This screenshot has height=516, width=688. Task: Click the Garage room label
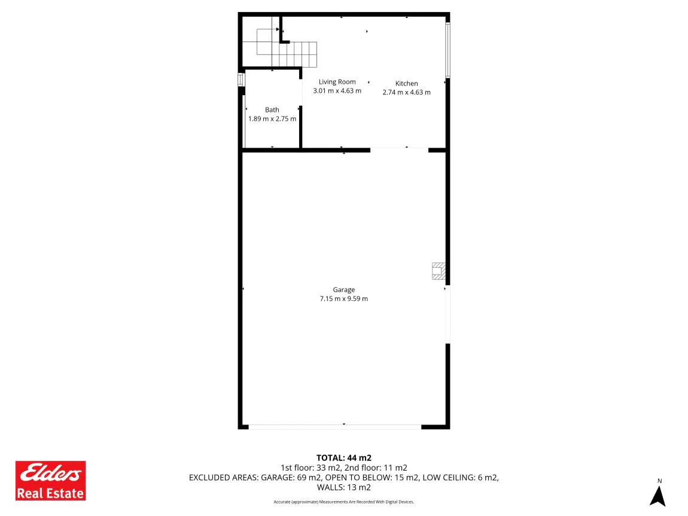click(343, 290)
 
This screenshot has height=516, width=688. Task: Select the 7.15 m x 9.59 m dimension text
click(343, 299)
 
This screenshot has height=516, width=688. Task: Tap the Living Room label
click(337, 82)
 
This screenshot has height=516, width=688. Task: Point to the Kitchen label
click(406, 83)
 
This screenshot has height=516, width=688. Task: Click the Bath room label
click(272, 109)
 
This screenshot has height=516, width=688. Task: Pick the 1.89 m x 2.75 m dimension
click(272, 119)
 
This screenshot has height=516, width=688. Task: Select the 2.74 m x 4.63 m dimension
click(406, 93)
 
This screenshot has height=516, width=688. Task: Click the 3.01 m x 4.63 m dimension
click(337, 91)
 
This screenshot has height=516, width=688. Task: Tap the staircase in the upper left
click(286, 48)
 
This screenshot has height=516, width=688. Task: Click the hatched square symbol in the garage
click(439, 271)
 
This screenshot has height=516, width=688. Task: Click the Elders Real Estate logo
click(50, 481)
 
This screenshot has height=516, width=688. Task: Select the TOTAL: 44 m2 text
click(343, 458)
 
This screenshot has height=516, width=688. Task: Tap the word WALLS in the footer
click(330, 487)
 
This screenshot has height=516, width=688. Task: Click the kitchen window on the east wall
click(447, 50)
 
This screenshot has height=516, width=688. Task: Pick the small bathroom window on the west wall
click(241, 80)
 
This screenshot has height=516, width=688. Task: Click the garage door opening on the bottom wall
click(335, 426)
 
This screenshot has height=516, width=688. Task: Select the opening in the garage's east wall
click(447, 315)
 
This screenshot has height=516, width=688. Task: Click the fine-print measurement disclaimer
click(343, 502)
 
